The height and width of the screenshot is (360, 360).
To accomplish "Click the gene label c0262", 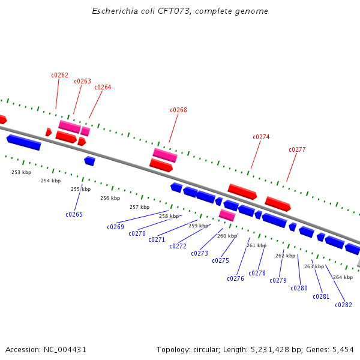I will [x=59, y=76].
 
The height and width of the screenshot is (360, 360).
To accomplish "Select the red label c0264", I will [x=103, y=87].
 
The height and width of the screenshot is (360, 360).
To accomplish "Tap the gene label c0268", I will [x=178, y=110].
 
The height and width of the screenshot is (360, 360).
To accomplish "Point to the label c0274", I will [x=261, y=137].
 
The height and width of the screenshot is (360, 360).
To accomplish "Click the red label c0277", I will [x=297, y=149].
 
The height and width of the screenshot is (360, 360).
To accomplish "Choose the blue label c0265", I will [x=74, y=214].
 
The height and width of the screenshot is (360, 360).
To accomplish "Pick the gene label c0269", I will [x=115, y=227].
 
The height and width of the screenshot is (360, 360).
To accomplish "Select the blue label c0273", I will [x=199, y=253].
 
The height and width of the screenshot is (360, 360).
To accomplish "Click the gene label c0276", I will [x=235, y=278].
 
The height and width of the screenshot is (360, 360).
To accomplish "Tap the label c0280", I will [x=299, y=288].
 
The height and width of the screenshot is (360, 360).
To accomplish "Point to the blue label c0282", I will [x=343, y=305].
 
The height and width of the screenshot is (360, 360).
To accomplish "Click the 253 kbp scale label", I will [x=21, y=172].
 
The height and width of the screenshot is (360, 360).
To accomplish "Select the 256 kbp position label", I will [x=110, y=198].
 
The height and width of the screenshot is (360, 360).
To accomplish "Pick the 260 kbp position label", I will [x=227, y=236].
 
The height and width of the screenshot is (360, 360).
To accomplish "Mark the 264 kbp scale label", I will [x=343, y=277].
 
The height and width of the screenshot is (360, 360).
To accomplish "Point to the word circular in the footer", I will [x=209, y=349].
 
